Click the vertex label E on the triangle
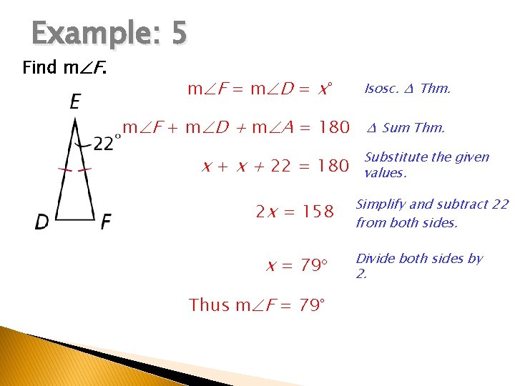pos(75,102)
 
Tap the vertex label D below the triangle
pos(42,222)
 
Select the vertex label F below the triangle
pos(105,222)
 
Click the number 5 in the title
pos(178,34)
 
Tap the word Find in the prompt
pos(39,68)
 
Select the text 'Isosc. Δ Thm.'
pos(408,89)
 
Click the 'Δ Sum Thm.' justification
pos(406,128)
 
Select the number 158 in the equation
pos(318,212)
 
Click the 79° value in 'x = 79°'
pos(313,266)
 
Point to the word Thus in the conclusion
pos(210,305)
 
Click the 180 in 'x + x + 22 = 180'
pos(333,167)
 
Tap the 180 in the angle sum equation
pos(333,128)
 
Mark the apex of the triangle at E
pos(75,119)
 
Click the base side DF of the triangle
pos(74,219)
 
